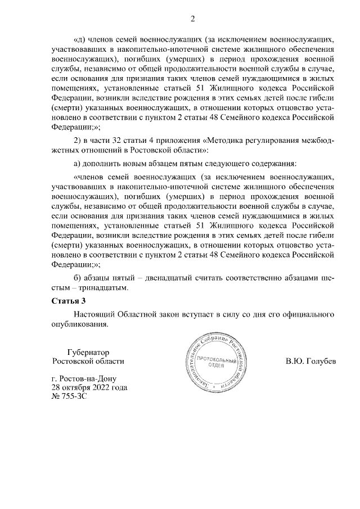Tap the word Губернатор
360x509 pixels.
(x=87, y=351)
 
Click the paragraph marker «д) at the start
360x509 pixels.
(x=79, y=40)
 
